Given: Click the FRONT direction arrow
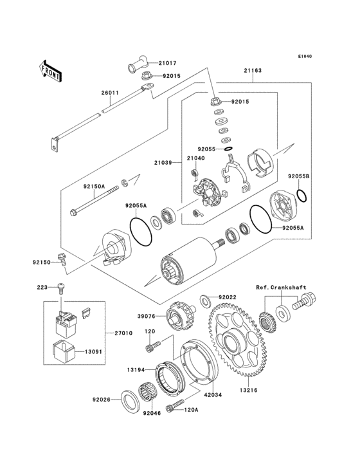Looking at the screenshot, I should tap(51, 69).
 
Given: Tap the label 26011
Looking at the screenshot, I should tap(110, 93).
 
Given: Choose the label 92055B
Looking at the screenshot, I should tap(299, 176).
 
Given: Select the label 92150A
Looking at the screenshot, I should tap(93, 187).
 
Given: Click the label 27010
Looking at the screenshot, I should tap(124, 333).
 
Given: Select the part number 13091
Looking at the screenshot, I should tap(98, 353).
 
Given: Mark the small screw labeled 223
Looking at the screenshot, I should tap(60, 286).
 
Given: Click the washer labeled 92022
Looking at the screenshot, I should tap(204, 299).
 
